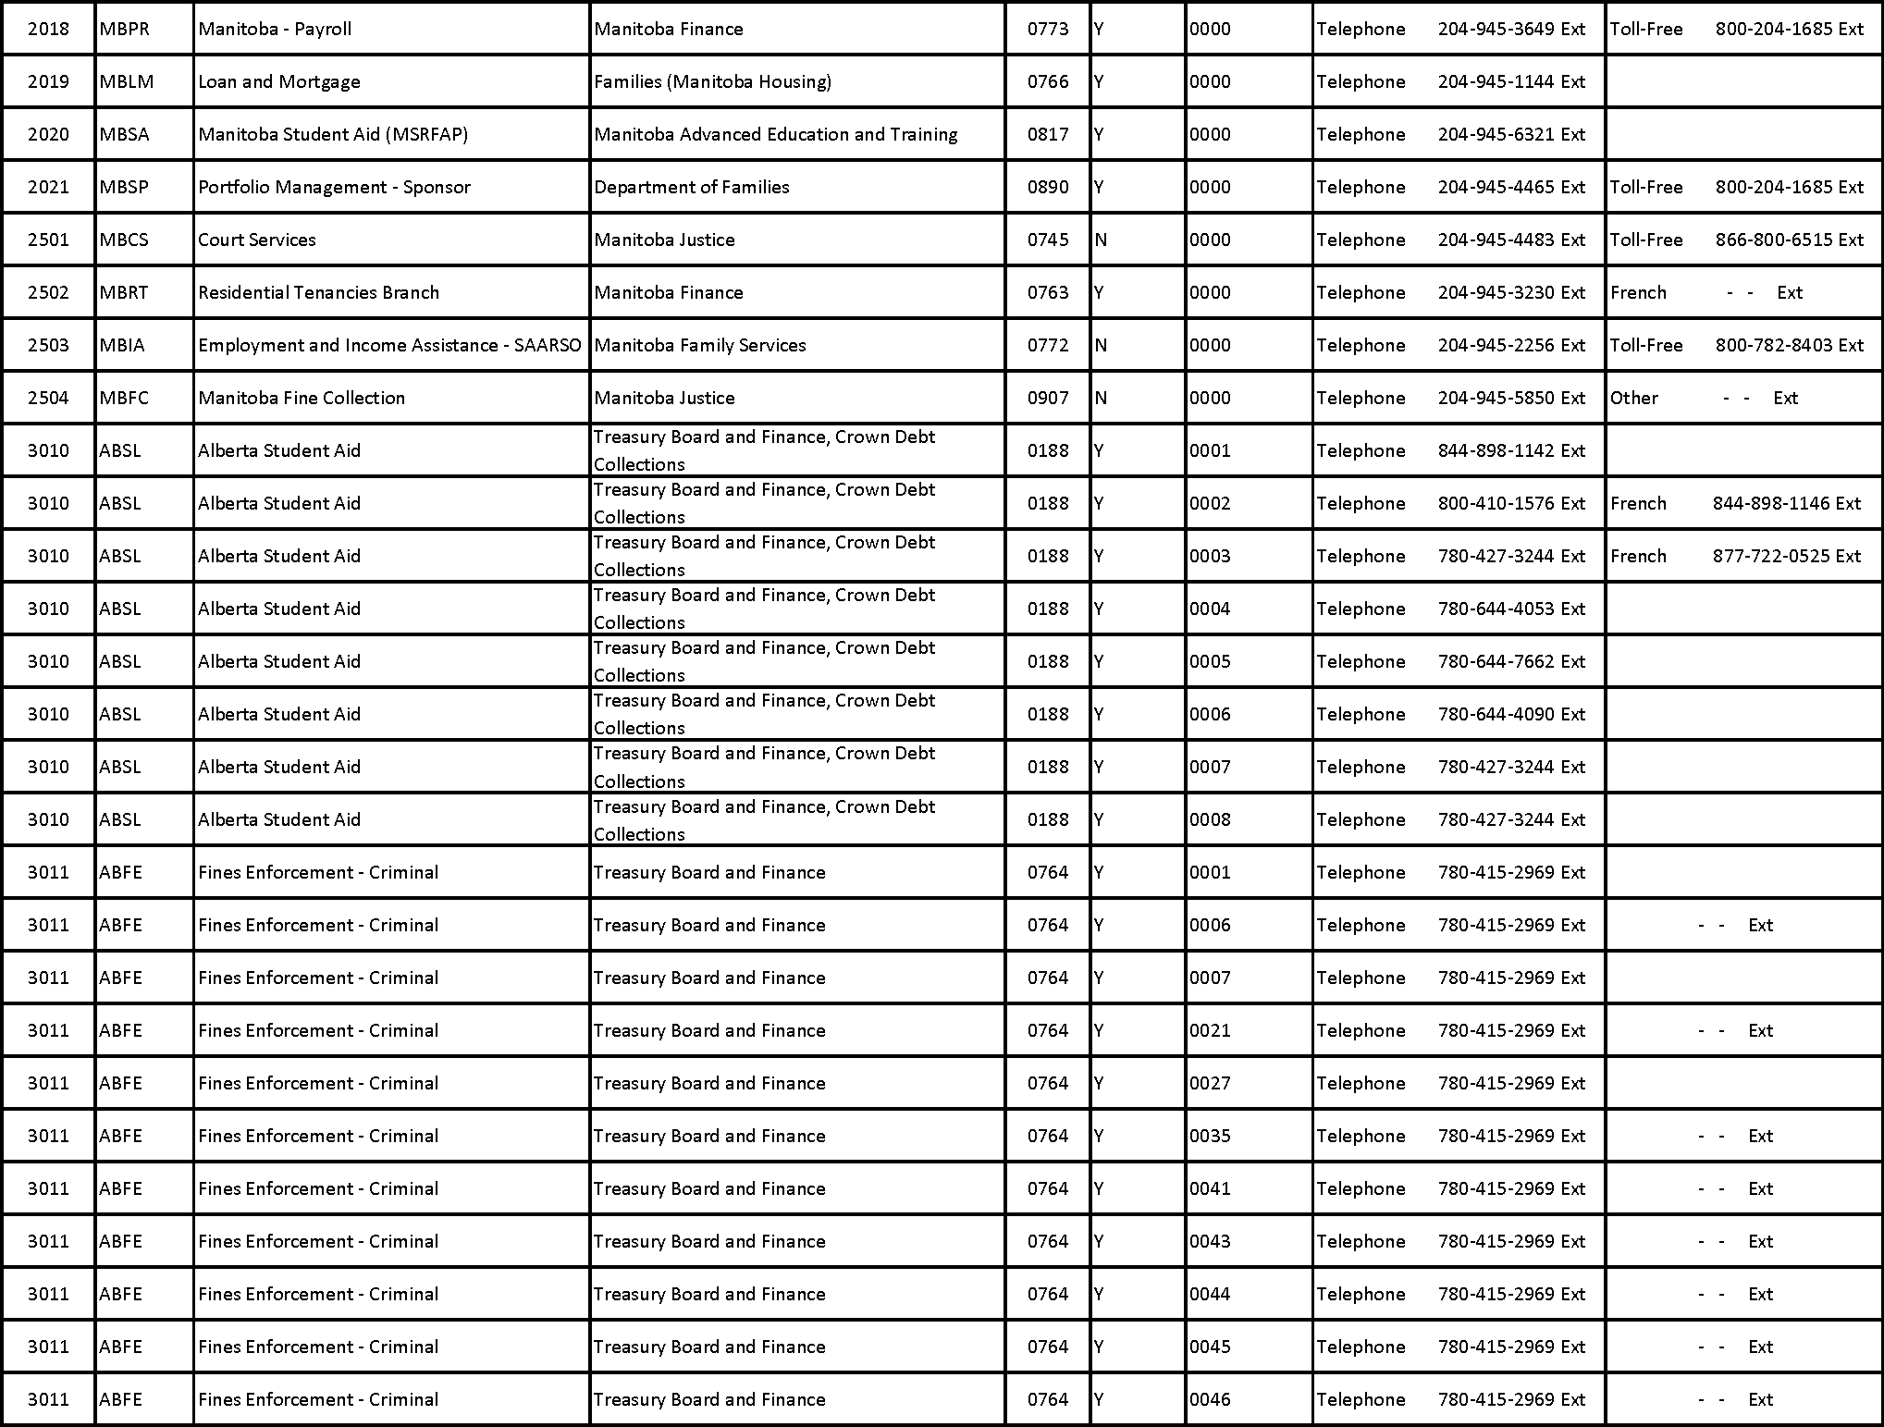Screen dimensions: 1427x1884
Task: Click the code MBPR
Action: click(x=124, y=29)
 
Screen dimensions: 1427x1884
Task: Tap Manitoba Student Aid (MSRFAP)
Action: click(x=333, y=134)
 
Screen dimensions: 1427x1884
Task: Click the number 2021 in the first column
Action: click(x=48, y=187)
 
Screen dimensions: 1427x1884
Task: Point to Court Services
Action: click(x=257, y=240)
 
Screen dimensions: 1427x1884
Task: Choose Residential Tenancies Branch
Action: click(x=318, y=292)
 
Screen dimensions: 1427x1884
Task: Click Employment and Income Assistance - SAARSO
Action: click(x=389, y=345)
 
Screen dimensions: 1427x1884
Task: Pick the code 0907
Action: click(x=1048, y=398)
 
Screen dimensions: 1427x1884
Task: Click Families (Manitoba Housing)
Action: click(x=712, y=81)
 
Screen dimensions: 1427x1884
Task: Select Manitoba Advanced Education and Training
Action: click(x=776, y=134)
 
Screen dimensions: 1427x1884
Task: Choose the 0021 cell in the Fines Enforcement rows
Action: click(x=1210, y=1030)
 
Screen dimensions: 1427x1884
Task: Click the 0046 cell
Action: click(x=1210, y=1399)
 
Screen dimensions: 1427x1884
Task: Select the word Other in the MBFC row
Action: click(x=1634, y=398)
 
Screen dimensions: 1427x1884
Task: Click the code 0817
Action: click(x=1048, y=134)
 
